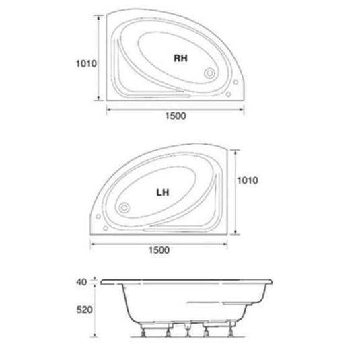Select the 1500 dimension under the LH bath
(155, 250)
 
